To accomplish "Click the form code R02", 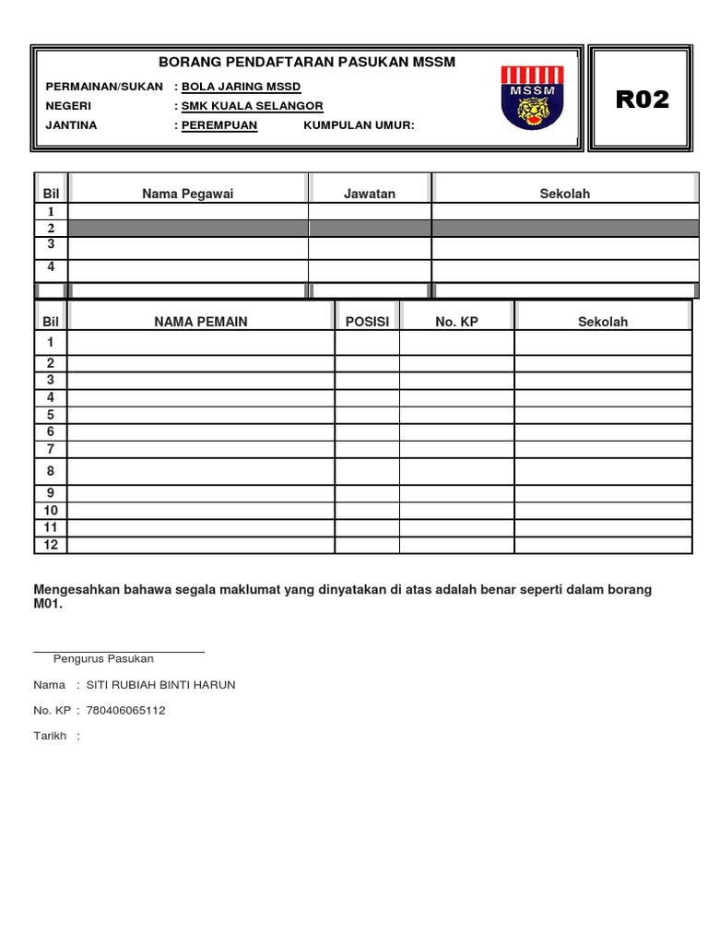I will pos(642,100).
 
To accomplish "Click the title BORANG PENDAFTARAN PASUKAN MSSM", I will pos(307,62).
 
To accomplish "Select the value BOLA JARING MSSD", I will pos(241,87).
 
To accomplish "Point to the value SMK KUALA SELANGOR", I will pos(252,106).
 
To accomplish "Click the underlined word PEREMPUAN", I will pos(219,125).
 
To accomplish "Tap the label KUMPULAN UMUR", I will pos(359,125).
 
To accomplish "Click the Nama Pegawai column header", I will pos(188,194).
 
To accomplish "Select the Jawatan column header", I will pos(370,194).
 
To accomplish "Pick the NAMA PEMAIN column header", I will pos(201,322).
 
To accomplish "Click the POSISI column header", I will pos(367,322).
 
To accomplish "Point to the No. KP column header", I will pos(456,322).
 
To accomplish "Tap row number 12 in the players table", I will pos(51,545).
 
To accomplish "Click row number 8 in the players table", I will pos(51,471).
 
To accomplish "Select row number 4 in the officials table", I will pos(51,267).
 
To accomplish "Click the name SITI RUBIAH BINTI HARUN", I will pos(160,685).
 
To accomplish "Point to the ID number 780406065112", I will pos(125,711).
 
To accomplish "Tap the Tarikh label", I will pos(50,737).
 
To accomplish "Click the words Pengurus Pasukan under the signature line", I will pos(103,659).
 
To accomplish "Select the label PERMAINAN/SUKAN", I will pos(105,87).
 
